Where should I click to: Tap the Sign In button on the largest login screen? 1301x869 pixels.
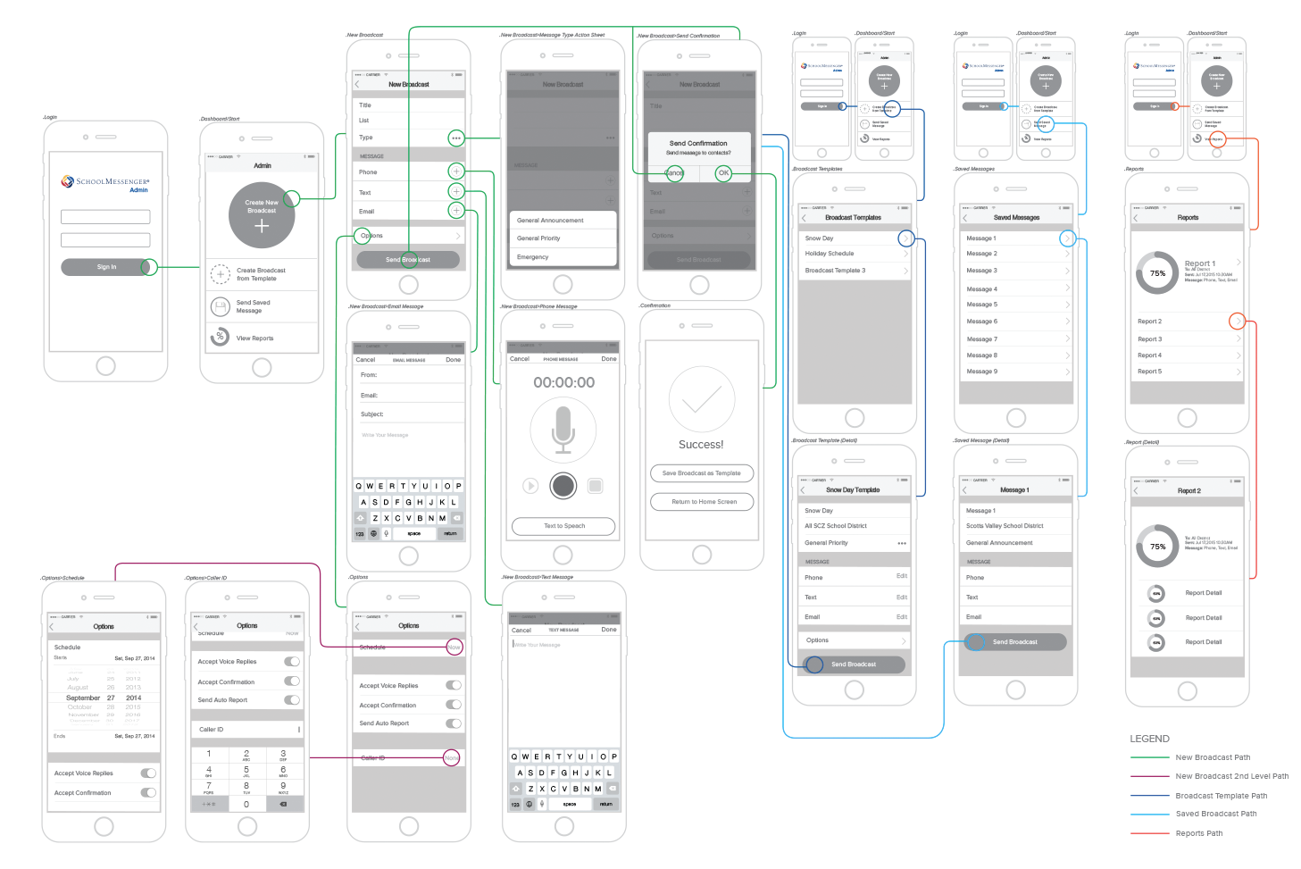point(106,267)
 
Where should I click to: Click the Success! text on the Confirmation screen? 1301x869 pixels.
point(701,445)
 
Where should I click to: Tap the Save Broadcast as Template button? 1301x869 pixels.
point(702,473)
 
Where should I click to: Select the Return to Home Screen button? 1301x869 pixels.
point(704,502)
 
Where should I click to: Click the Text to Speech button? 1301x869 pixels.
point(564,526)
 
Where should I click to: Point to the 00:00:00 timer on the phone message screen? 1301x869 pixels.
point(563,382)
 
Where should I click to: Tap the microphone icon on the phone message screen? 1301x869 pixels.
point(563,429)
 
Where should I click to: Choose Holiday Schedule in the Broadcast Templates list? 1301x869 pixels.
point(830,254)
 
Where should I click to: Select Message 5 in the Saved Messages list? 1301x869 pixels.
point(982,305)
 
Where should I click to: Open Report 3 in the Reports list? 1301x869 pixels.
point(1150,339)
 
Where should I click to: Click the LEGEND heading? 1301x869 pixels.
point(1149,739)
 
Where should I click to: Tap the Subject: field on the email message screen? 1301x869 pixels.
point(372,414)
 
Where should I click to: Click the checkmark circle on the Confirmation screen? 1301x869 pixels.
point(702,399)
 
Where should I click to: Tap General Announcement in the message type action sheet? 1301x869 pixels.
point(550,221)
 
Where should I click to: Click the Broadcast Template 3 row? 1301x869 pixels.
point(836,271)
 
